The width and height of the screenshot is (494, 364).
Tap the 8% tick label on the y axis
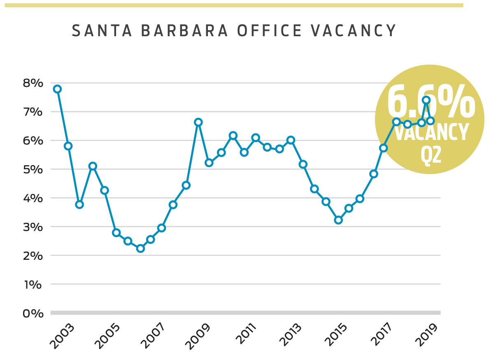(x=33, y=83)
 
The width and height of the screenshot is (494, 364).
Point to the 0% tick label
(x=33, y=313)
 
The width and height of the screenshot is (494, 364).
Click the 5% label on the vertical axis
(x=33, y=169)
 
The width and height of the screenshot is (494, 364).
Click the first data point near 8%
(x=57, y=89)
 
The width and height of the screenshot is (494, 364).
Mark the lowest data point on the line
(x=140, y=248)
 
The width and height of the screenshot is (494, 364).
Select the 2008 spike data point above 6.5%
(x=198, y=122)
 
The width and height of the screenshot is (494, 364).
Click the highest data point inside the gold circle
(x=426, y=100)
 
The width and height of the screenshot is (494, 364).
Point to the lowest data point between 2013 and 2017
(x=338, y=220)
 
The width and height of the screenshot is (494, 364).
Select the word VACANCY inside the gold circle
(x=431, y=132)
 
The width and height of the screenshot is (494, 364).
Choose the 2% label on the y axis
(x=33, y=256)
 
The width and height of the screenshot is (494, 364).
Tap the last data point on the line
(x=431, y=121)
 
